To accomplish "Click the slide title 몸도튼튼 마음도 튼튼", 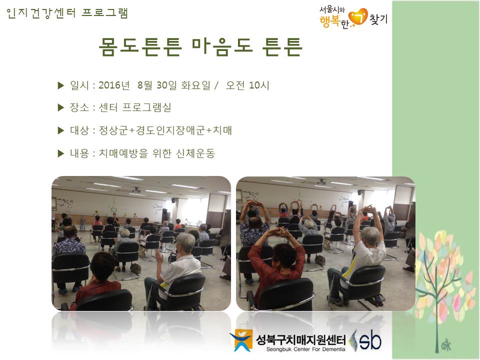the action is (x=200, y=46).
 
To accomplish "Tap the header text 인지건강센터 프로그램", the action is (x=67, y=13).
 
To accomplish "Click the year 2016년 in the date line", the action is (x=114, y=85).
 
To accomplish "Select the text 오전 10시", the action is (x=247, y=85).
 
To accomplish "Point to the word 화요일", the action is (x=196, y=85).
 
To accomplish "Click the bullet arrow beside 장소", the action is (x=60, y=107).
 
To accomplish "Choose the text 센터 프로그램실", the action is (x=134, y=107).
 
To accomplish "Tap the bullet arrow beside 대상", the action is (x=60, y=130).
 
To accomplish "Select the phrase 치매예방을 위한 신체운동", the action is (x=156, y=153).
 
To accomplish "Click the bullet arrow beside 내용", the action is (x=60, y=153).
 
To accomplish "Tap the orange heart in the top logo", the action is (x=358, y=17).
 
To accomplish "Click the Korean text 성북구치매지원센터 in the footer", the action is (x=300, y=339).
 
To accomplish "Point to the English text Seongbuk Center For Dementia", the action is (x=305, y=349).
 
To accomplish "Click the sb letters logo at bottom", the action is (x=370, y=340).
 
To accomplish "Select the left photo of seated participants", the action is (x=141, y=243).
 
